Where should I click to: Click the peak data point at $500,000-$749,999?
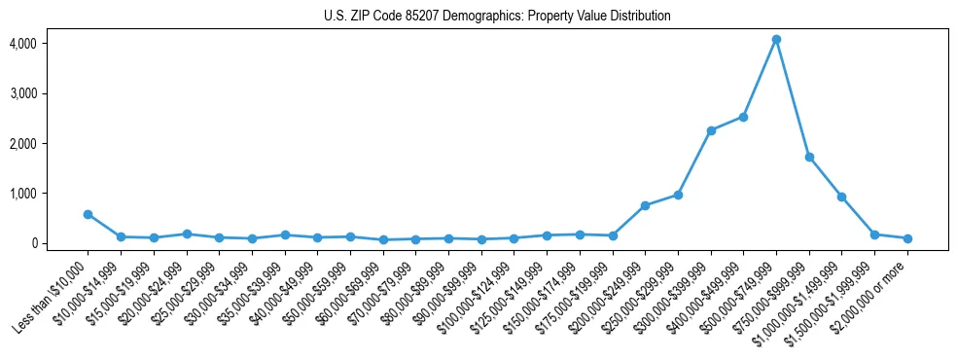click(x=776, y=40)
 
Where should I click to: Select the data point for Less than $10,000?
click(x=88, y=214)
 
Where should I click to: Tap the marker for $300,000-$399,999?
click(x=711, y=130)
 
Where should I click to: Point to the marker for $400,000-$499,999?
click(x=743, y=117)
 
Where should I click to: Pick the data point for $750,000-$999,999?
click(x=809, y=157)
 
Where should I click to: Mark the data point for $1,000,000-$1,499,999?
click(x=842, y=197)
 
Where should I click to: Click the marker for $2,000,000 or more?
click(x=907, y=238)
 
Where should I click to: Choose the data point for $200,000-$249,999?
click(x=645, y=205)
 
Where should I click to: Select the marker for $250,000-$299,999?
click(x=678, y=195)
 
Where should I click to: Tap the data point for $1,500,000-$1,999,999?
click(x=874, y=234)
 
